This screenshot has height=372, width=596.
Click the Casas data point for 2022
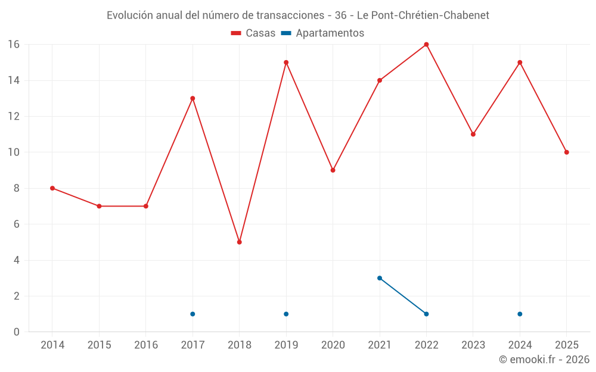(426, 45)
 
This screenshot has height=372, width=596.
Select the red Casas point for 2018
(239, 242)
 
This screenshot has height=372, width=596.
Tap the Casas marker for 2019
(286, 62)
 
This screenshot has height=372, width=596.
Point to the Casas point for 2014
(52, 188)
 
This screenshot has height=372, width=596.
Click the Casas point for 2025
(566, 152)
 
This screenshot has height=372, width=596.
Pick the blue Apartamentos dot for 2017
(193, 314)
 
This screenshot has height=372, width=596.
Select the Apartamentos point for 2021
(380, 278)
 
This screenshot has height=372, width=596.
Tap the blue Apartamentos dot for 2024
(520, 314)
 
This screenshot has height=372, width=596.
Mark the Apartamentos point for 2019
(286, 314)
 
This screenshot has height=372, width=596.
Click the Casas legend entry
(253, 33)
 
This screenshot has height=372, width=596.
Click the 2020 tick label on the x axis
(333, 345)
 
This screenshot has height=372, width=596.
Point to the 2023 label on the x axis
(473, 345)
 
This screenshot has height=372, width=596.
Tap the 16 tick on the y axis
(13, 45)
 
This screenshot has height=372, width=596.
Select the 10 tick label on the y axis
(13, 152)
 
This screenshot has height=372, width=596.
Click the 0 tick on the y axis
(16, 332)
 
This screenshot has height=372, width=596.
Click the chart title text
(298, 15)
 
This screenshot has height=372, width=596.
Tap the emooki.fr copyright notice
(544, 360)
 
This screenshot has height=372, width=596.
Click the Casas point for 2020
(333, 170)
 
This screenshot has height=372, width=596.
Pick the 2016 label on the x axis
(146, 345)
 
